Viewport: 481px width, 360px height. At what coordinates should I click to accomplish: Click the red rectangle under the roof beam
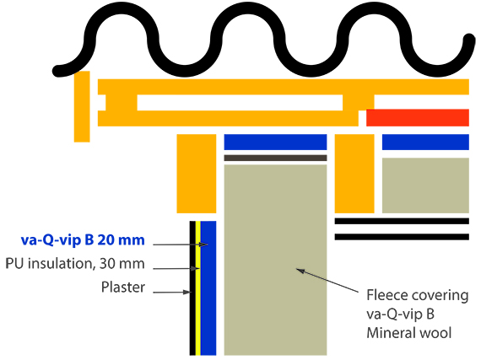[x=418, y=117]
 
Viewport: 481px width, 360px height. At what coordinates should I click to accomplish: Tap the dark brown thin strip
[x=275, y=158]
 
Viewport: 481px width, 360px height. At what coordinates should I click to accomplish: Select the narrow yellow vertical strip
[x=197, y=288]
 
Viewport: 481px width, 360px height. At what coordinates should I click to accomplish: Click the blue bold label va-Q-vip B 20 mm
[x=83, y=240]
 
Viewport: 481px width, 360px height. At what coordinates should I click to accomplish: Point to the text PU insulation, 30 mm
[x=75, y=264]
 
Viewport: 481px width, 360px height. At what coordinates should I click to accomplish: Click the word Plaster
[x=123, y=287]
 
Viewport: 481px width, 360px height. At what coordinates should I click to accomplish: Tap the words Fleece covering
[x=418, y=295]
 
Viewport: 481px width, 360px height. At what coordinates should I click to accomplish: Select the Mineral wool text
[x=409, y=333]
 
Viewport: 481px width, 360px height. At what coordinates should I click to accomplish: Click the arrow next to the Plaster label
[x=172, y=293]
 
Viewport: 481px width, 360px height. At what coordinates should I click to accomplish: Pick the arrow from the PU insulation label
[x=176, y=269]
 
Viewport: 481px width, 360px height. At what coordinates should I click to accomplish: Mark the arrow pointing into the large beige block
[x=327, y=280]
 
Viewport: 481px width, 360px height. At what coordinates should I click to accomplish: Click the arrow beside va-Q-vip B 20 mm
[x=181, y=244]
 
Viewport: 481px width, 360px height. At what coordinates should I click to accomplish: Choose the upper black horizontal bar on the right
[x=402, y=221]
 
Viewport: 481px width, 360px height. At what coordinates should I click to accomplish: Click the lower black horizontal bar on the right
[x=402, y=237]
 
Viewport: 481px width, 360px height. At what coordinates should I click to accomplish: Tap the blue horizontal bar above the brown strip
[x=275, y=142]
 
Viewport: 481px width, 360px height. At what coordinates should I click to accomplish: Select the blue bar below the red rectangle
[x=425, y=142]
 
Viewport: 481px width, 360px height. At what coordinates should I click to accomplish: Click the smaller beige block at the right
[x=425, y=185]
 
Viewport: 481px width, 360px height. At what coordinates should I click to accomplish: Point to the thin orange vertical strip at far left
[x=82, y=106]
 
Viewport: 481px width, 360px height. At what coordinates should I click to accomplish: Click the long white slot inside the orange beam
[x=240, y=103]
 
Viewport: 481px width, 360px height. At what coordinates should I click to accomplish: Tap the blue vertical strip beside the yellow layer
[x=208, y=288]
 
